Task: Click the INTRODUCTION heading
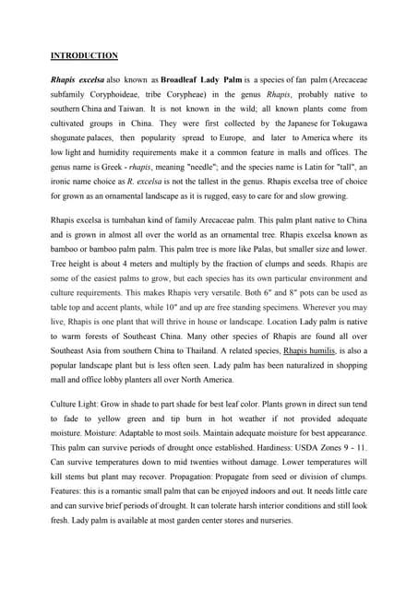84,55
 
